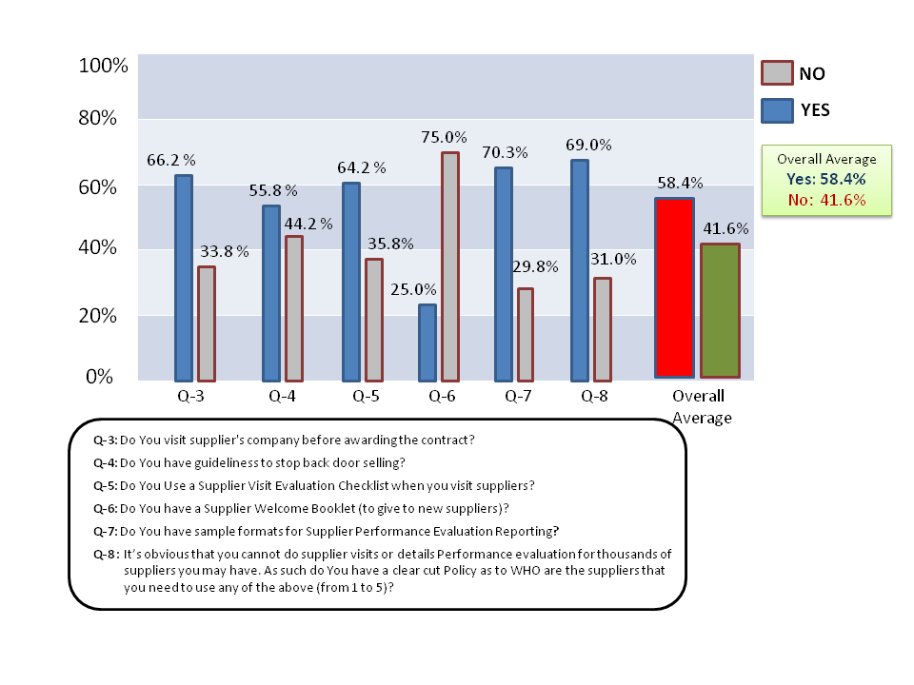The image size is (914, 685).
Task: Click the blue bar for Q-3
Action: tap(184, 279)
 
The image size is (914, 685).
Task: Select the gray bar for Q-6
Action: tap(450, 266)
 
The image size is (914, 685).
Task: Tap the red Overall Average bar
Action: tap(674, 287)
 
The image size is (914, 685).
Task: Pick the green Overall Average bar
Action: tap(721, 310)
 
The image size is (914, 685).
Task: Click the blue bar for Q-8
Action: tap(580, 271)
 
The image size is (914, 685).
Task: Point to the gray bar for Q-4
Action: tap(294, 308)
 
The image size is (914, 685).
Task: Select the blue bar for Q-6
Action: tap(427, 343)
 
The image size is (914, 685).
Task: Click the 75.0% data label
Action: tap(445, 137)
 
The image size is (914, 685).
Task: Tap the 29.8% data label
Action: tap(535, 266)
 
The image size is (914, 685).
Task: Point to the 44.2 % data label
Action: tap(308, 224)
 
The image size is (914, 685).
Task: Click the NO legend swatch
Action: tap(777, 73)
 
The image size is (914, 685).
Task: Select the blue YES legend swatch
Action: tap(777, 110)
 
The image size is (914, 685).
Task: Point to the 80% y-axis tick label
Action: tap(97, 118)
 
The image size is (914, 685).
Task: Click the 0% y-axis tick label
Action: tap(99, 377)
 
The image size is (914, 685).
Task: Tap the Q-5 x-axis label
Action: tap(366, 397)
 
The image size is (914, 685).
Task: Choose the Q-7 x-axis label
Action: tap(518, 397)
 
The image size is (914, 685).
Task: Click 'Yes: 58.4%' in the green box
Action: tap(826, 179)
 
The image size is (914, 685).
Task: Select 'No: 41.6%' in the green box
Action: tap(826, 200)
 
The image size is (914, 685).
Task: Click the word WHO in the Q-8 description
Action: tap(526, 570)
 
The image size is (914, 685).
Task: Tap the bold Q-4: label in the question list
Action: tap(106, 463)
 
